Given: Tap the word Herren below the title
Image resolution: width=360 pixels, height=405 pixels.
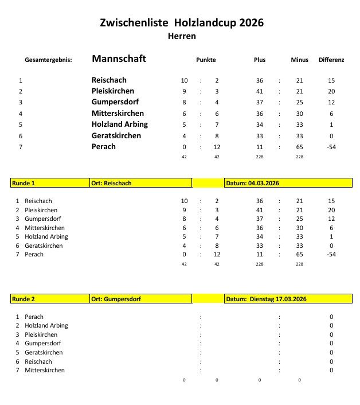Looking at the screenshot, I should pyautogui.click(x=182, y=36).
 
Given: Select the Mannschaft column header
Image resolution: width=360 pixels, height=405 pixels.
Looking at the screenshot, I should pyautogui.click(x=119, y=59).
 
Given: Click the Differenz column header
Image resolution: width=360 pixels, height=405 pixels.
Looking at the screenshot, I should pyautogui.click(x=331, y=60).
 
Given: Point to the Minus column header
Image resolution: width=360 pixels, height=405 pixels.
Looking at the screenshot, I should pyautogui.click(x=299, y=60).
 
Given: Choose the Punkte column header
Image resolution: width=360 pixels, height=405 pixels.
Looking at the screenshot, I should pyautogui.click(x=206, y=60).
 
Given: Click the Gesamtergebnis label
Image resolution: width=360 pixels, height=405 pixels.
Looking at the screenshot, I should pyautogui.click(x=49, y=60).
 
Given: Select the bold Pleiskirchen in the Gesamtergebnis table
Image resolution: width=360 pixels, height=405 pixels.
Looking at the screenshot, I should pyautogui.click(x=113, y=91).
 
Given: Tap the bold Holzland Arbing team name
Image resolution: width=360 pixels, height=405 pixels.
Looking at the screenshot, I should pyautogui.click(x=120, y=124).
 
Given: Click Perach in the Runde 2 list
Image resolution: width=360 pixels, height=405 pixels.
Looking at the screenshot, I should pyautogui.click(x=34, y=317).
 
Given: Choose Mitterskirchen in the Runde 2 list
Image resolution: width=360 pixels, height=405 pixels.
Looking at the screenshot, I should pyautogui.click(x=45, y=370).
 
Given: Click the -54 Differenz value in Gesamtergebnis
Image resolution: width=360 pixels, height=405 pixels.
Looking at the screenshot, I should pyautogui.click(x=331, y=147).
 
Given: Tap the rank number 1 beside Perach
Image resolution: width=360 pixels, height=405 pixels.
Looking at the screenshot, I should pyautogui.click(x=18, y=317).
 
